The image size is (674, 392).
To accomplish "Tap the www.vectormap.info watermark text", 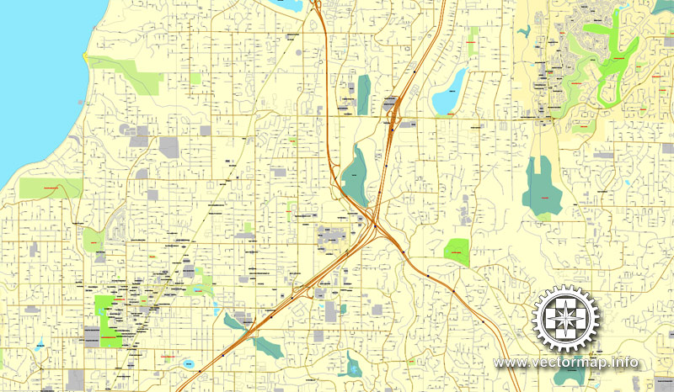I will click(566, 363).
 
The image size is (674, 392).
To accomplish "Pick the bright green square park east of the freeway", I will click(456, 251).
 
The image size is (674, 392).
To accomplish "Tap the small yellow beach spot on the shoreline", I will click(85, 56).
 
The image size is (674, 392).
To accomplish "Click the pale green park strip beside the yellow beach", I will click(126, 74).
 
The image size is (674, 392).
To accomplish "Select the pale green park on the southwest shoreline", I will click(51, 188).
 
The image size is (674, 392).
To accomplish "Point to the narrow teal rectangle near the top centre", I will click(363, 94).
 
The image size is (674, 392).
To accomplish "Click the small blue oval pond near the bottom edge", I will click(188, 363).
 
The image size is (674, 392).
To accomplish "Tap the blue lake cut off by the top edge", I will click(286, 5).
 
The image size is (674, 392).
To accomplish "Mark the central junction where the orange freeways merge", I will click(373, 223).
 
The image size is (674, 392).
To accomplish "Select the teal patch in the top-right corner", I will click(663, 6).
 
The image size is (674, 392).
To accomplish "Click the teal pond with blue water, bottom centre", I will click(353, 366).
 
